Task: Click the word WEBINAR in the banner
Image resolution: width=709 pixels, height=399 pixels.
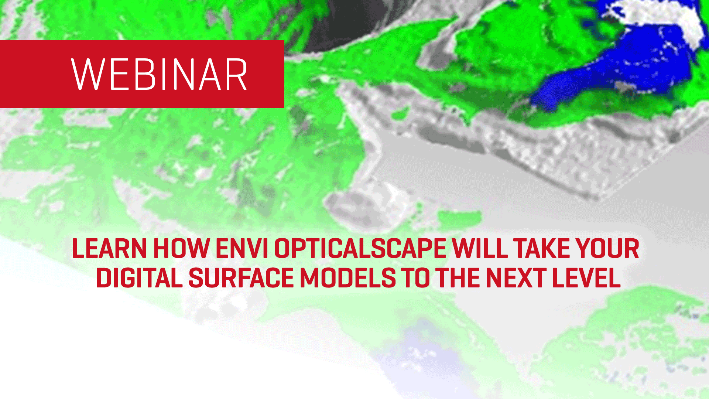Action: pos(159,74)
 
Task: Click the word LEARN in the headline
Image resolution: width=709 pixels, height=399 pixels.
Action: pos(110,249)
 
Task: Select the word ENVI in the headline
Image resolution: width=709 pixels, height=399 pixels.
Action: pos(242,249)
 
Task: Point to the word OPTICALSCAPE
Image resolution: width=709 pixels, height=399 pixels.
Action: pos(360,249)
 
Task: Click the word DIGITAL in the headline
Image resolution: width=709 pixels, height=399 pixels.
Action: pos(140,278)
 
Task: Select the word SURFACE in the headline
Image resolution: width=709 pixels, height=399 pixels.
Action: pos(241,278)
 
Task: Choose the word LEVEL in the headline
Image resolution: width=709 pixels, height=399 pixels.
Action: pos(586,278)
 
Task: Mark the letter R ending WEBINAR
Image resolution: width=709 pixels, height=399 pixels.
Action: pos(237,74)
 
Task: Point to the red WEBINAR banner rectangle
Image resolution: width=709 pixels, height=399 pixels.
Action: pos(142,74)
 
